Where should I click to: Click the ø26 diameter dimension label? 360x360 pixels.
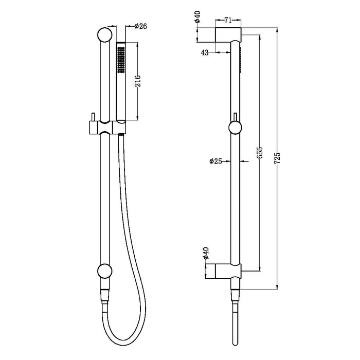(x=141, y=27)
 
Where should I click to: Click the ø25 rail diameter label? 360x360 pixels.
(x=215, y=161)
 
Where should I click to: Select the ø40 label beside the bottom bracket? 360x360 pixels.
(x=206, y=253)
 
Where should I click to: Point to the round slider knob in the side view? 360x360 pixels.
(x=234, y=127)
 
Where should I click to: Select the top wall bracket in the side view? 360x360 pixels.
(x=228, y=37)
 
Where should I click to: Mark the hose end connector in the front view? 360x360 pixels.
(x=104, y=296)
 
